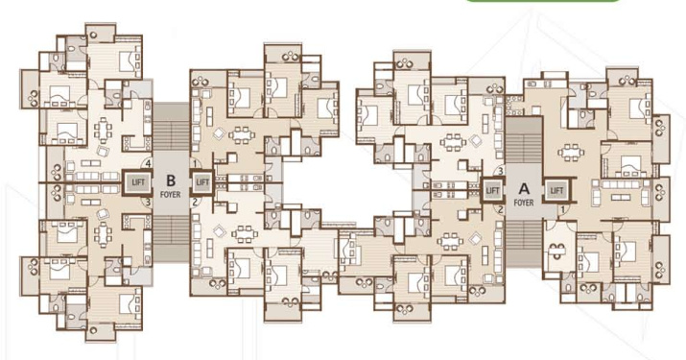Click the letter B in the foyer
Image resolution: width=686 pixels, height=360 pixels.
170,178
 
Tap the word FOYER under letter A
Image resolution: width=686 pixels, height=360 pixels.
524,203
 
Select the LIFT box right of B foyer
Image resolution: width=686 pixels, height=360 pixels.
202,180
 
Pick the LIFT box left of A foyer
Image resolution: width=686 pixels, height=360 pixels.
493,190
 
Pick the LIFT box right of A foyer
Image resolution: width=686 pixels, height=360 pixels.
556,190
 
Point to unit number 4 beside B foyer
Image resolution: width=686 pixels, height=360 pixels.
147,163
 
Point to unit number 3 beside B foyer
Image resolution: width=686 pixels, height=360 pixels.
147,202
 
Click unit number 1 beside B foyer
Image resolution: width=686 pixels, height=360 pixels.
194,163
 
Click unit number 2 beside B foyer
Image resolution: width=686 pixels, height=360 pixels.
194,202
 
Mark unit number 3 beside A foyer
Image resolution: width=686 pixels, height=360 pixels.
500,171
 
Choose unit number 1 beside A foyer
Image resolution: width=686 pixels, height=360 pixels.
563,208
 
